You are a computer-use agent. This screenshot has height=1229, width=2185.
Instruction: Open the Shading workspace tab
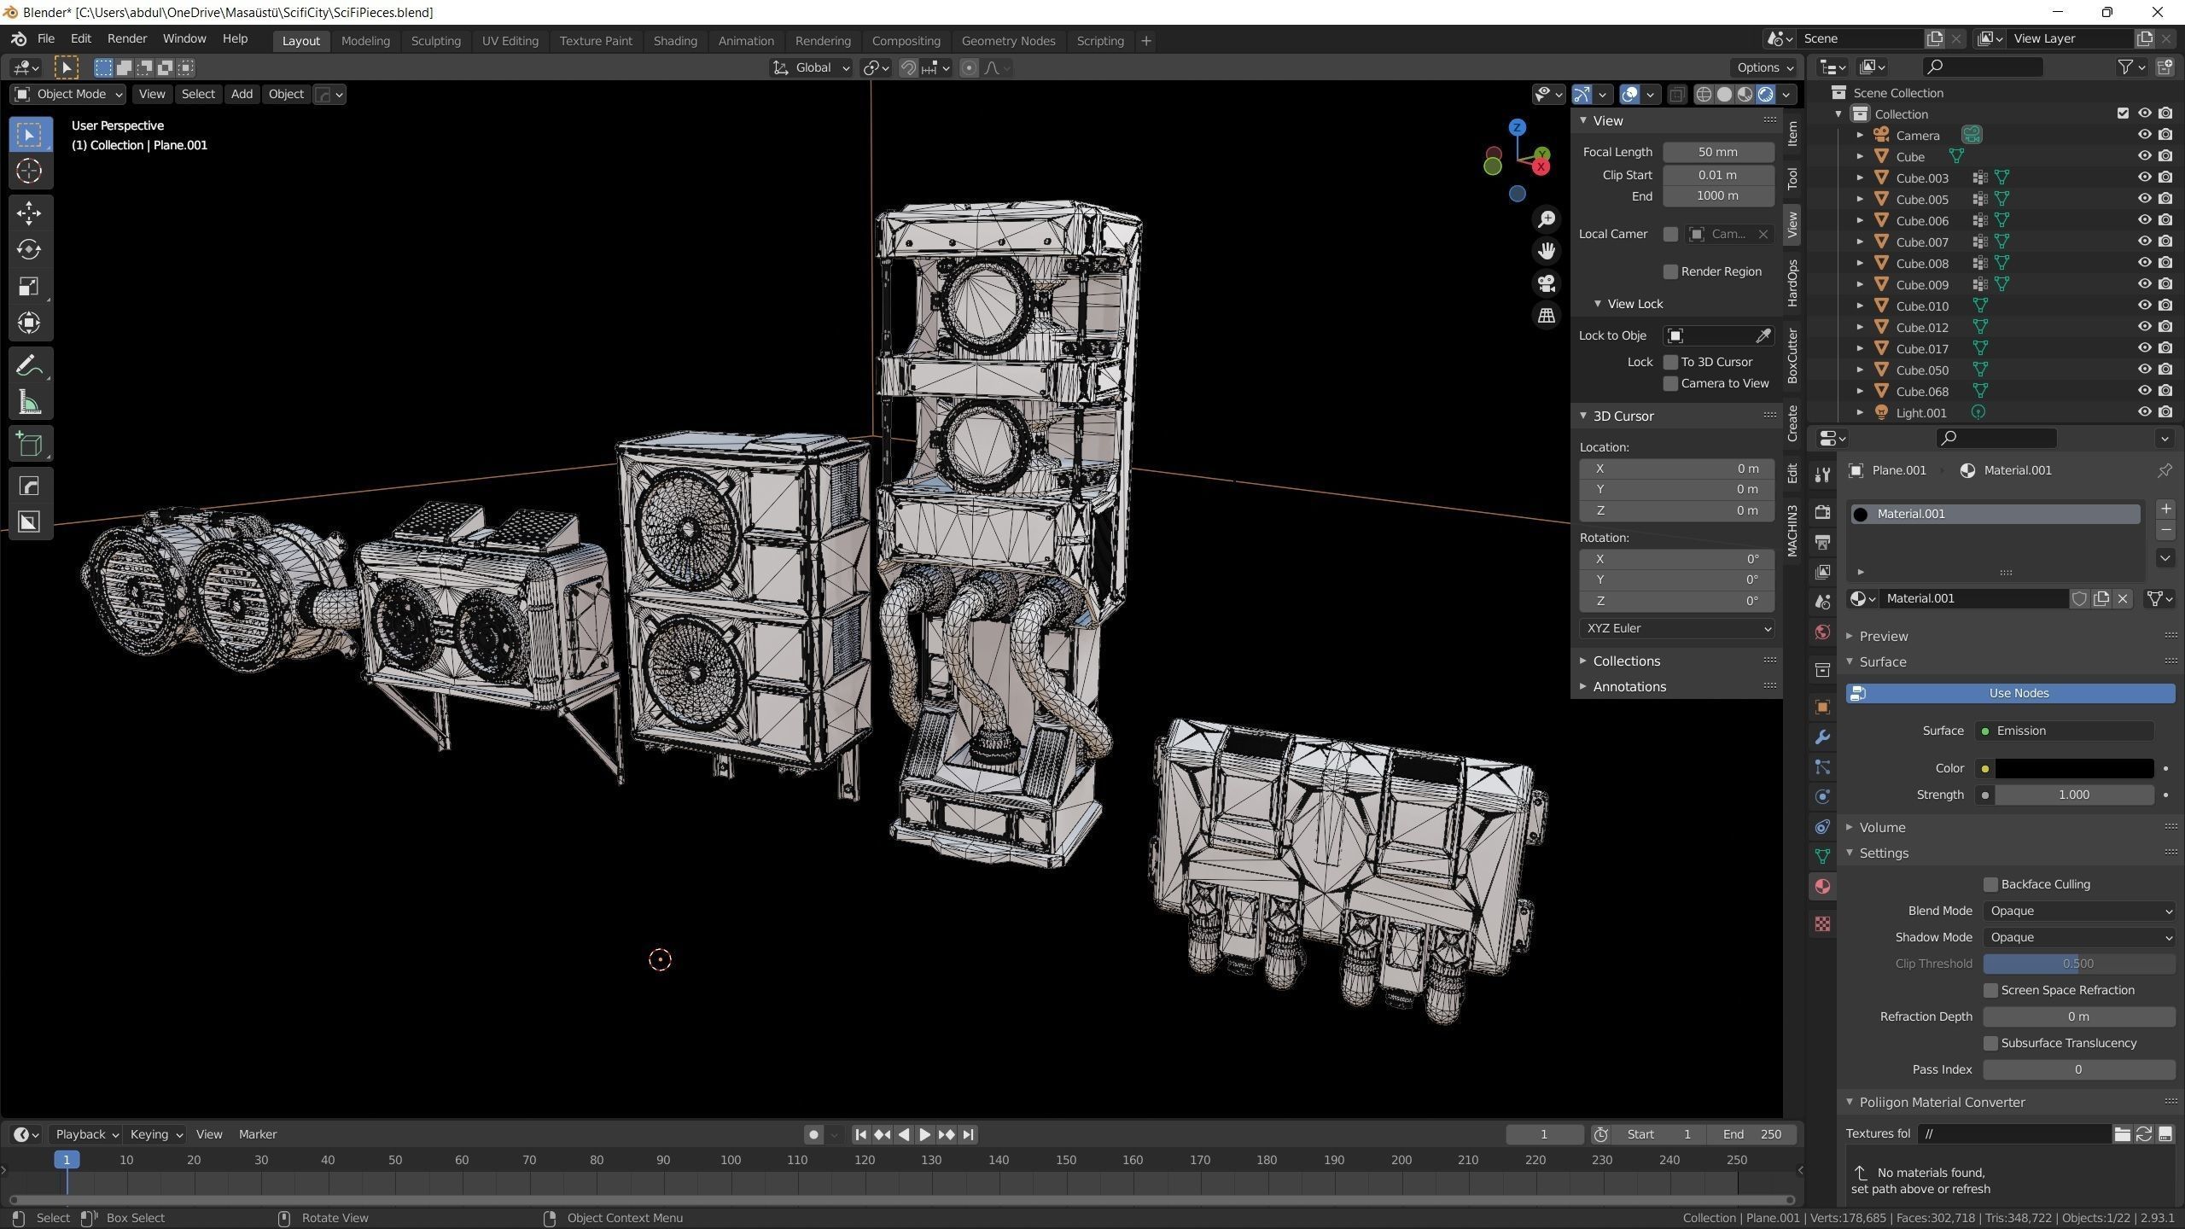674,41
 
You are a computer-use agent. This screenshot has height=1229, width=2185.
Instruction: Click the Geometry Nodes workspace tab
1008,41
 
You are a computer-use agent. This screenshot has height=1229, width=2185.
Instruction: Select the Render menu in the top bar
127,38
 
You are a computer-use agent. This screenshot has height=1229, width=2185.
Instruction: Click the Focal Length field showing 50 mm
1717,152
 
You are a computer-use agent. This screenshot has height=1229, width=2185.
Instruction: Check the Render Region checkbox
1670,271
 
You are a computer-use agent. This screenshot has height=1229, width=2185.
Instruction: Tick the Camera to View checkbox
1670,383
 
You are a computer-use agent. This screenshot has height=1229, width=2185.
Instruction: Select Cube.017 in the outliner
1921,348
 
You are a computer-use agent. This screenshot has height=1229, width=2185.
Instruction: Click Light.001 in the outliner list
1920,412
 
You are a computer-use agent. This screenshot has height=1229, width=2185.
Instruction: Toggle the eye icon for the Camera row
2143,135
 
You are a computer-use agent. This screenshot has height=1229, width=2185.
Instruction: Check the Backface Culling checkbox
1990,884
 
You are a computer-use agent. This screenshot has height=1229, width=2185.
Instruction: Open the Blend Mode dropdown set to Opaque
2077,911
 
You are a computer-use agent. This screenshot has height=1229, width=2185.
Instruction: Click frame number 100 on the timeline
730,1160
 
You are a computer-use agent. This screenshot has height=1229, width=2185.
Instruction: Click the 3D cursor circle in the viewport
660,959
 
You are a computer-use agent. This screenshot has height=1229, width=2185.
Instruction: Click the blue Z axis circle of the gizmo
1517,128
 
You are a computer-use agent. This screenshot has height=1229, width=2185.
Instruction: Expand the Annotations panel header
1629,686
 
